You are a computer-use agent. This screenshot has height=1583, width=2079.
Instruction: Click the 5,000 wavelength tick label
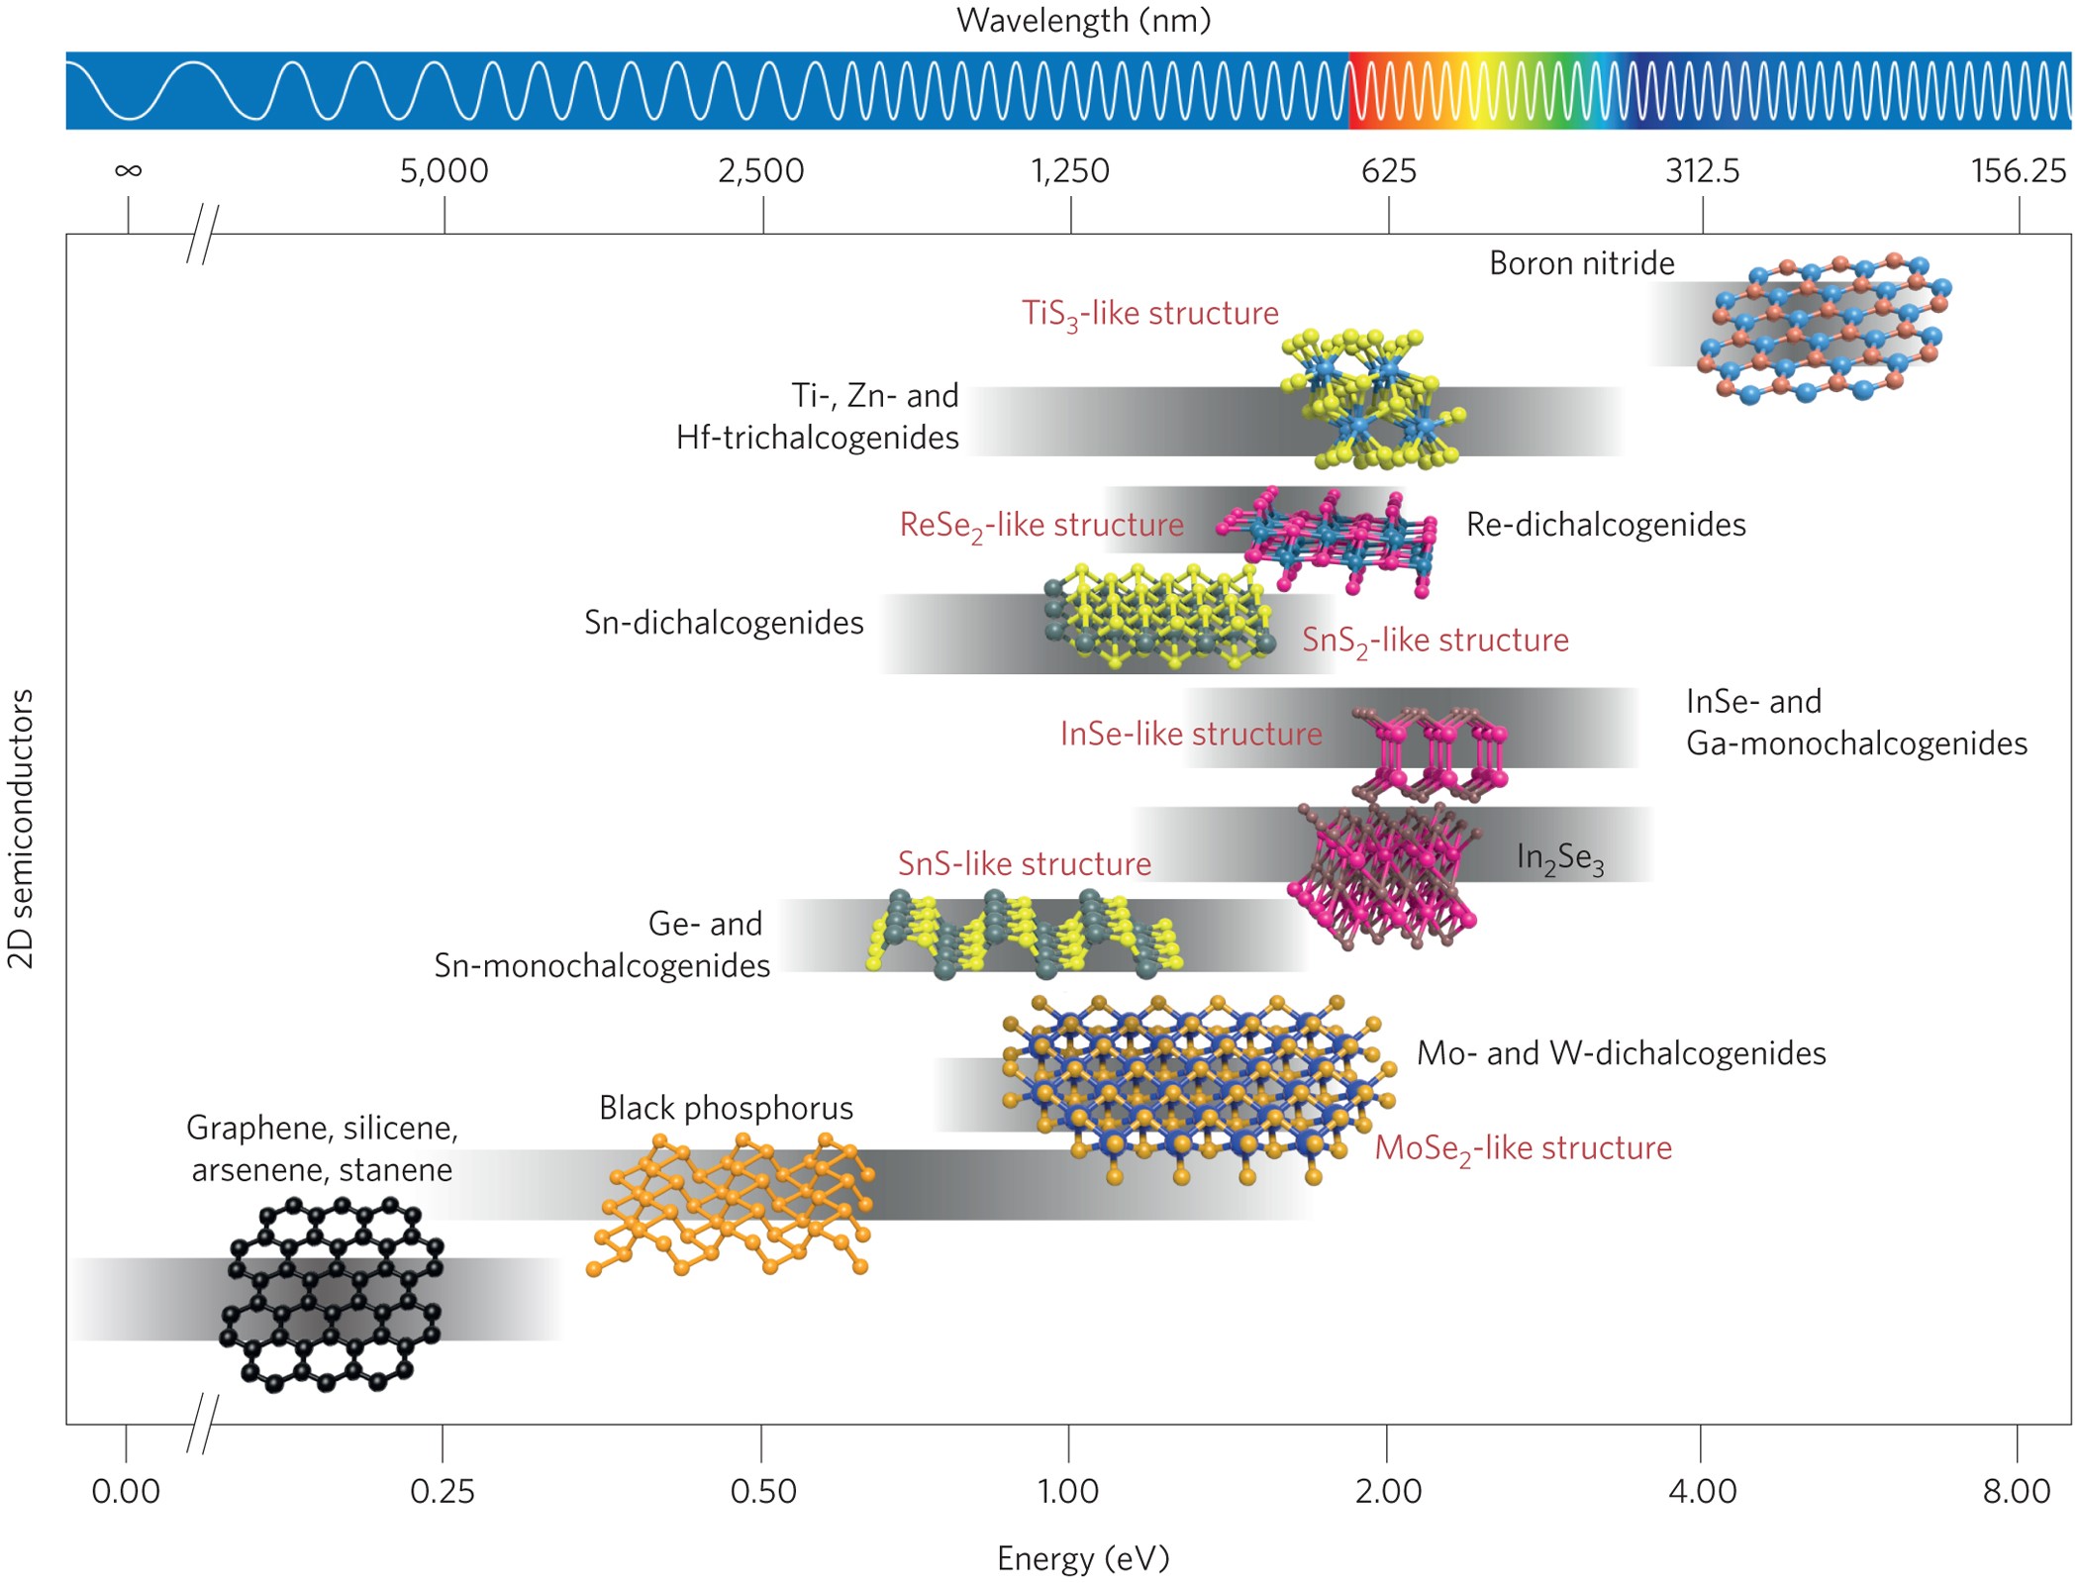click(x=444, y=171)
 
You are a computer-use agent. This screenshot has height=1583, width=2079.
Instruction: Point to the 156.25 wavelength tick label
click(x=2018, y=171)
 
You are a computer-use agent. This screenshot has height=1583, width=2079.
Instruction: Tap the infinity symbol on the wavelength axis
click(x=128, y=171)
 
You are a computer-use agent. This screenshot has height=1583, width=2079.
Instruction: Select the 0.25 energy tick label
click(x=443, y=1491)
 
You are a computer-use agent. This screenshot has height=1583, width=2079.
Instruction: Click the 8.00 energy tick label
click(x=2017, y=1491)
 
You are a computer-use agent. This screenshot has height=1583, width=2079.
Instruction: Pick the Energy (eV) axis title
click(x=1083, y=1558)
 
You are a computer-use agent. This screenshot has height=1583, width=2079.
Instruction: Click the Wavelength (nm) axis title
click(x=1083, y=21)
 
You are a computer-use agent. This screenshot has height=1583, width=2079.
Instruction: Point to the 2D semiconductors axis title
click(x=22, y=829)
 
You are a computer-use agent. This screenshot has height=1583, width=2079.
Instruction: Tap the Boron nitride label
click(x=1581, y=263)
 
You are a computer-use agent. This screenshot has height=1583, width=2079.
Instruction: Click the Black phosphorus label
click(x=726, y=1108)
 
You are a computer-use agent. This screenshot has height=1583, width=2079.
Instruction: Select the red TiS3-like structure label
click(x=1149, y=314)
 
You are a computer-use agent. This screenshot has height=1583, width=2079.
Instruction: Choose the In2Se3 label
click(x=1559, y=857)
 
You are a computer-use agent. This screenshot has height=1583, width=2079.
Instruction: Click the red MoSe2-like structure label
click(x=1523, y=1148)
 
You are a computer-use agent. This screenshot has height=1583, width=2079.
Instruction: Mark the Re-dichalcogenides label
click(x=1605, y=525)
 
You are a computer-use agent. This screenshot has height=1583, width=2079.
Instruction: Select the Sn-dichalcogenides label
click(x=724, y=623)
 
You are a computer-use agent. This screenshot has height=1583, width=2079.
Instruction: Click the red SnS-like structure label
click(x=1024, y=864)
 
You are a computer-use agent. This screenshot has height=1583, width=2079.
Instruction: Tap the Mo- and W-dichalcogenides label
click(x=1621, y=1053)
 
